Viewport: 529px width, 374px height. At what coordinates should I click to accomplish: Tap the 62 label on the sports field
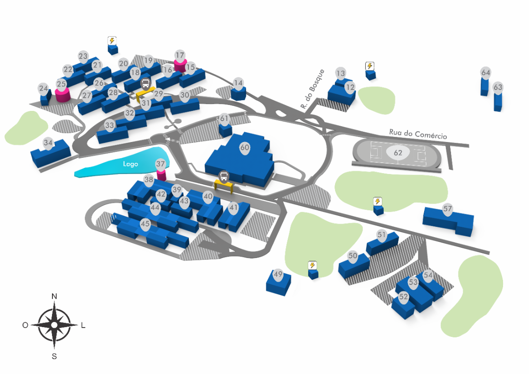[398, 153]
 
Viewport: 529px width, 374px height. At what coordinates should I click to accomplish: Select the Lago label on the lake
[130, 164]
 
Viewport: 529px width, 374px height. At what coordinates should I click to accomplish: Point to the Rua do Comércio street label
[418, 134]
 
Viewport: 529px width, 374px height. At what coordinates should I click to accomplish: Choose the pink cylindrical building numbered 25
[62, 94]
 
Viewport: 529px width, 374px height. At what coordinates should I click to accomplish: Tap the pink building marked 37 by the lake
[161, 174]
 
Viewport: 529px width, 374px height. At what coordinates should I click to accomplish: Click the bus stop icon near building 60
[224, 176]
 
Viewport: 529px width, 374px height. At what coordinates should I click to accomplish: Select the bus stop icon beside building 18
[146, 84]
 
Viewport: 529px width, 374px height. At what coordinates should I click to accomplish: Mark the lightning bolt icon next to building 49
[312, 265]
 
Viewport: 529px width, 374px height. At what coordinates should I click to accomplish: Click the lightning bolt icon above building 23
[112, 41]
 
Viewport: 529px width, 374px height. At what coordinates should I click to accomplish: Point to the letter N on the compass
[54, 296]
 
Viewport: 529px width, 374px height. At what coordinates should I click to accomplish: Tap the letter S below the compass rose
[54, 356]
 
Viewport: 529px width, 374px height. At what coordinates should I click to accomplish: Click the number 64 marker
[485, 73]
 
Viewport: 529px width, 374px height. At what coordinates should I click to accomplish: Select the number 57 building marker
[447, 209]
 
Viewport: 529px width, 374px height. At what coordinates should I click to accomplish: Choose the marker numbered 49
[278, 274]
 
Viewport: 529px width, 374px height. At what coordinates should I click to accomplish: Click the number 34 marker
[48, 143]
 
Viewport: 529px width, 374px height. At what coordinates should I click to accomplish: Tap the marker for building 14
[239, 84]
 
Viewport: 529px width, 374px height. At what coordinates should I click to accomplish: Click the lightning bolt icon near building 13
[370, 66]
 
